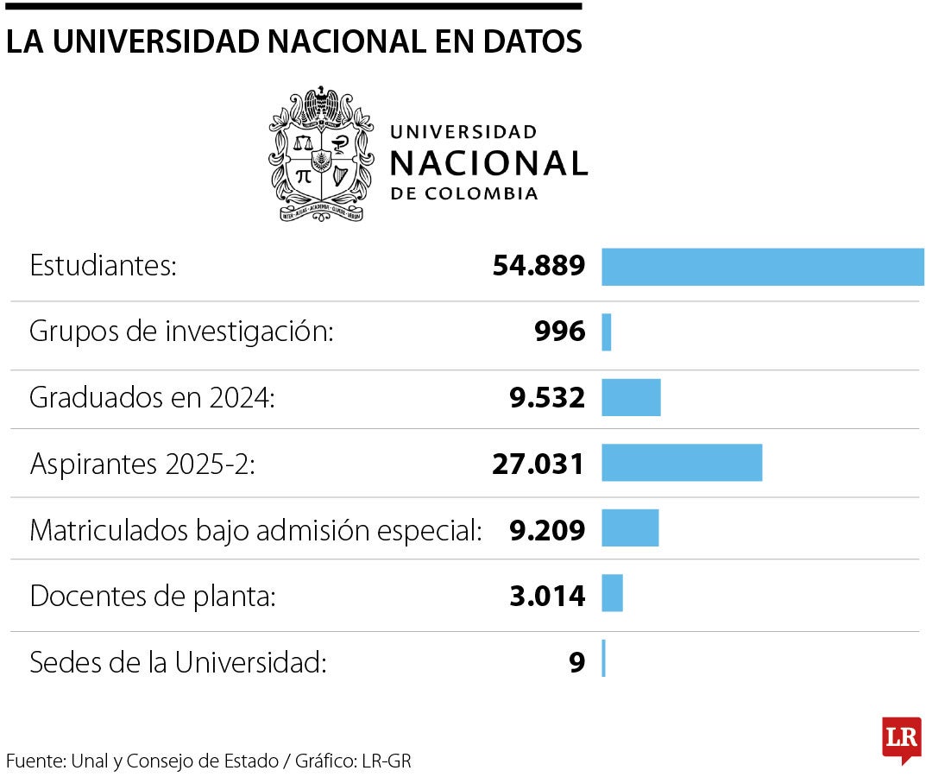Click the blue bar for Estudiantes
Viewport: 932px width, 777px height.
click(762, 267)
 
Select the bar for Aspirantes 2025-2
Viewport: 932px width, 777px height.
click(682, 463)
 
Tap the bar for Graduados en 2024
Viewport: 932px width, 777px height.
click(631, 398)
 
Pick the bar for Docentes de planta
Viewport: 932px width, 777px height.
click(612, 593)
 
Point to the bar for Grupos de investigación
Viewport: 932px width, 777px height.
click(607, 332)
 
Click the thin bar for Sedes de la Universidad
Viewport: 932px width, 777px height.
click(603, 659)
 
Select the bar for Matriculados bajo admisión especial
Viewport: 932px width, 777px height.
click(630, 528)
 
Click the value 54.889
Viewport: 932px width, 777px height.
click(538, 267)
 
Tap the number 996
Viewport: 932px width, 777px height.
click(559, 332)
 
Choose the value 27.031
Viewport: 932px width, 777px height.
click(538, 464)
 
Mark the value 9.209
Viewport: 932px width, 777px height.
click(547, 529)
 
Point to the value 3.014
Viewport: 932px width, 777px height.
click(547, 595)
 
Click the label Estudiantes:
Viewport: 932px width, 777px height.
click(103, 266)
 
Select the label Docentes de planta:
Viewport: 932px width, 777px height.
click(153, 596)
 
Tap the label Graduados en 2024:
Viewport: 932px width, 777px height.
click(152, 398)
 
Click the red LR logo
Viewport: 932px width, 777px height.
click(901, 739)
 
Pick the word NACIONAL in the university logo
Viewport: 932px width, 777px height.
click(488, 162)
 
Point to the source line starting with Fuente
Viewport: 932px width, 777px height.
click(209, 761)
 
